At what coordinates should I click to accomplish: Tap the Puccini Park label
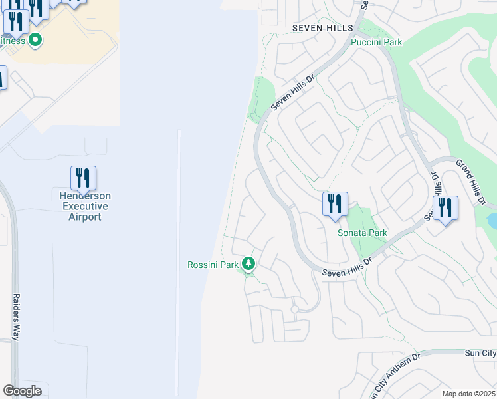pyautogui.click(x=377, y=42)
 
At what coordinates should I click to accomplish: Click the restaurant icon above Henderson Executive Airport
pyautogui.click(x=83, y=178)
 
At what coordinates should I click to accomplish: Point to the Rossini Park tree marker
pyautogui.click(x=248, y=265)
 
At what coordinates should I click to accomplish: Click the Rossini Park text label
pyautogui.click(x=212, y=265)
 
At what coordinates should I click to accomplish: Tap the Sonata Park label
pyautogui.click(x=362, y=233)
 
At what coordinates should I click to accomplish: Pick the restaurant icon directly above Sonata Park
pyautogui.click(x=335, y=203)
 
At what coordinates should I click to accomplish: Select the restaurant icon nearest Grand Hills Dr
pyautogui.click(x=445, y=208)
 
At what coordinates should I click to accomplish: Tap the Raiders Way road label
pyautogui.click(x=17, y=316)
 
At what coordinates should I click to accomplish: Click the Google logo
pyautogui.click(x=22, y=391)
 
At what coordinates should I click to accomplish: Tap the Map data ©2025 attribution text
pyautogui.click(x=468, y=394)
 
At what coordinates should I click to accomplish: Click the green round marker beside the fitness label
pyautogui.click(x=35, y=41)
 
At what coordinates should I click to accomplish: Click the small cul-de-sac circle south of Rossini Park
pyautogui.click(x=294, y=309)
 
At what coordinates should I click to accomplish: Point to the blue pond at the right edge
pyautogui.click(x=492, y=221)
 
